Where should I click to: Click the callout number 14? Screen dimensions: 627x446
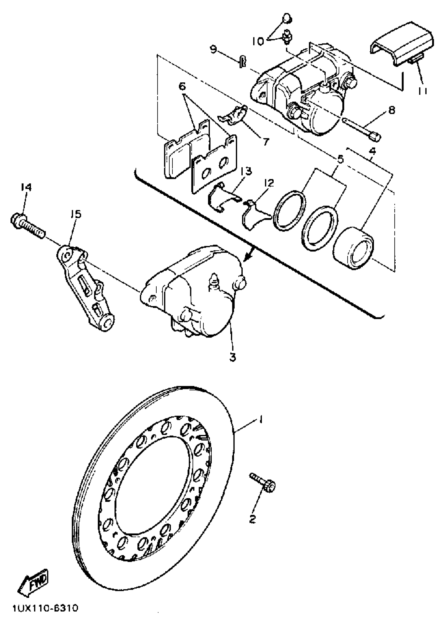click(26, 187)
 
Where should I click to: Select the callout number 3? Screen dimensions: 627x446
click(233, 357)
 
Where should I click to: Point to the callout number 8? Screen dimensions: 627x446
click(392, 110)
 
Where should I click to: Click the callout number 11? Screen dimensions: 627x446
click(423, 90)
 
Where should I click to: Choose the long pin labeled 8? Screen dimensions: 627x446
click(361, 129)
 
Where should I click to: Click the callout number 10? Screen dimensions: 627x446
click(258, 41)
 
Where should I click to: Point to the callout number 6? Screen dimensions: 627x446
click(182, 87)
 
